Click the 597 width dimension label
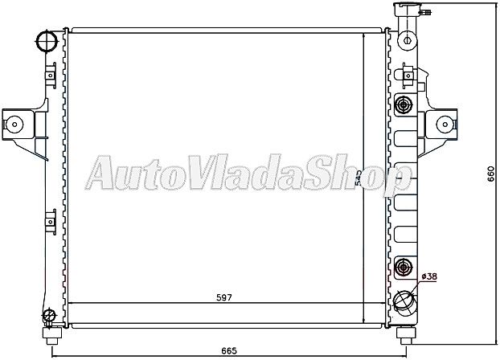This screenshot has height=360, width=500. point(223,298)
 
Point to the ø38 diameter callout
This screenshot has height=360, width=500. point(429,277)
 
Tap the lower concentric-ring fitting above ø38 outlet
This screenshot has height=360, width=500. point(404,267)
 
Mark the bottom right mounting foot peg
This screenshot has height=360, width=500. point(404,330)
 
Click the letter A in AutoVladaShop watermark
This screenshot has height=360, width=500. point(103,174)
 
